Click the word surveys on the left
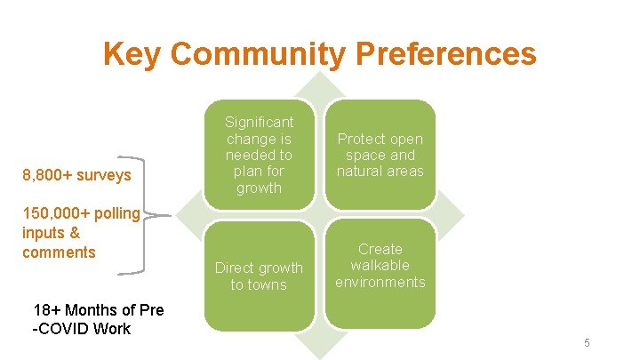pyautogui.click(x=105, y=175)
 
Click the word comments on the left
pyautogui.click(x=59, y=252)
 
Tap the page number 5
pyautogui.click(x=587, y=343)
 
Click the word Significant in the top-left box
pyautogui.click(x=259, y=122)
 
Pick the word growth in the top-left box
pyautogui.click(x=259, y=188)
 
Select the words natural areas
pyautogui.click(x=380, y=171)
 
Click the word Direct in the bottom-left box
pyautogui.click(x=236, y=268)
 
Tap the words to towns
pyautogui.click(x=259, y=284)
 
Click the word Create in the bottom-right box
pyautogui.click(x=380, y=249)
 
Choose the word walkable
pyautogui.click(x=380, y=265)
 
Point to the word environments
pyautogui.click(x=380, y=282)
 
